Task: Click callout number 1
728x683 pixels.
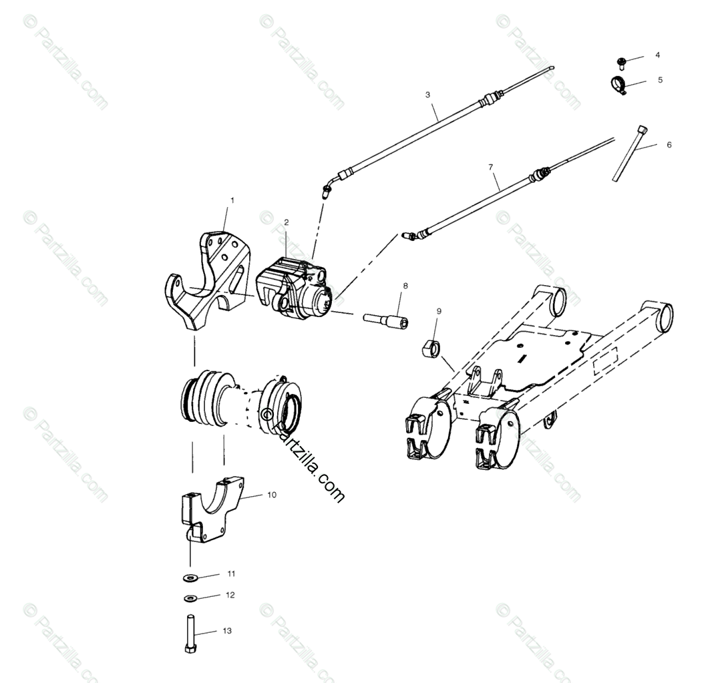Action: coord(232,200)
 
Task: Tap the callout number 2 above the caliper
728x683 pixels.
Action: coord(286,222)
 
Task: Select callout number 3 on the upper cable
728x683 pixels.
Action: coord(428,95)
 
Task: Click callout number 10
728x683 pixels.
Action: coord(272,495)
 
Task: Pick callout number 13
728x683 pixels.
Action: coord(227,631)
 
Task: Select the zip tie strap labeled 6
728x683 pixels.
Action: coord(628,154)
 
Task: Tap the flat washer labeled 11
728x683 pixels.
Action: coord(190,577)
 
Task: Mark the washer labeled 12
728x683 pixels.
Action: coord(190,598)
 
